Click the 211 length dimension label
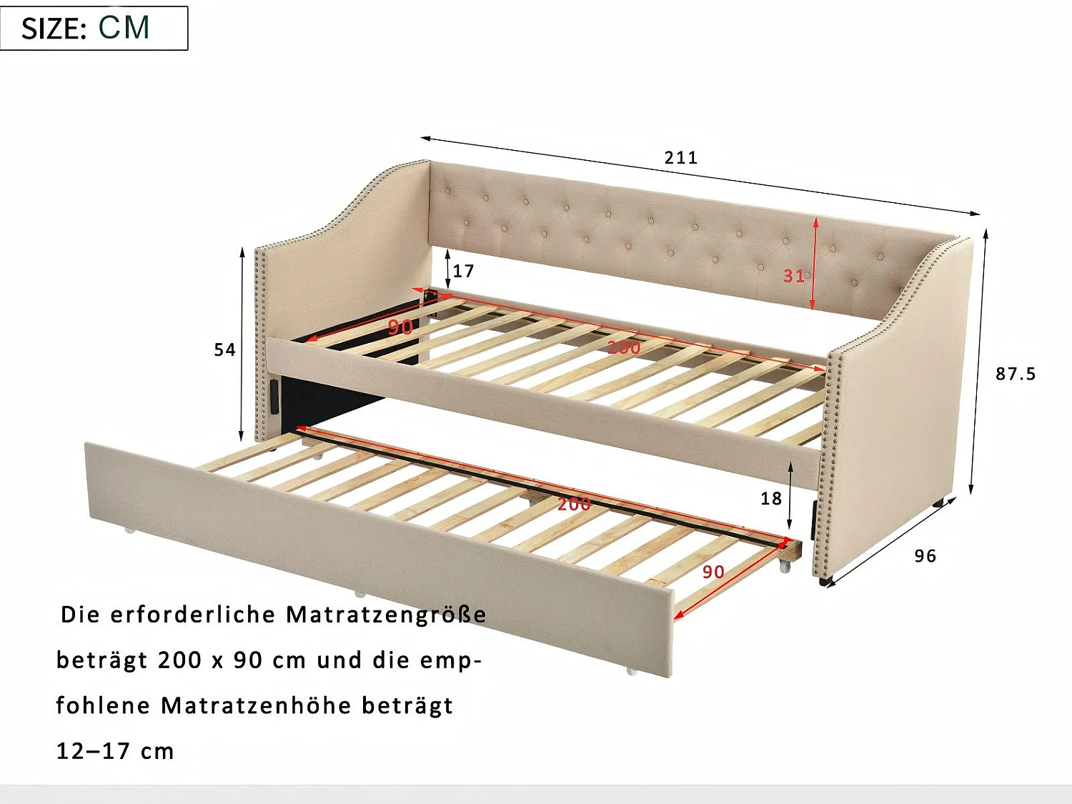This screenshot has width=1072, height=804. click(x=681, y=158)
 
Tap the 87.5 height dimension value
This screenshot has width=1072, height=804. click(x=1016, y=374)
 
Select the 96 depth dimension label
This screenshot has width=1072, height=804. click(x=925, y=555)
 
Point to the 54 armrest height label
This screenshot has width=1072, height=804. click(x=224, y=349)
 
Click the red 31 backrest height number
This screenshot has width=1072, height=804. click(x=794, y=276)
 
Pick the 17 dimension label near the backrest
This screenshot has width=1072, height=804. click(x=464, y=271)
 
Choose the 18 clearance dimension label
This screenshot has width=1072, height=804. click(x=771, y=498)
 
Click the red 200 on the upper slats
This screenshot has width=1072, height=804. click(x=624, y=347)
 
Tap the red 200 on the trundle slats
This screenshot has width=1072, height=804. click(x=575, y=504)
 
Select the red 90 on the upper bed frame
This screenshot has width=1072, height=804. click(x=400, y=327)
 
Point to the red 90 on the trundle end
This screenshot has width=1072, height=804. click(x=713, y=572)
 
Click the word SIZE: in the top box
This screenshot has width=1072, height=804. click(x=54, y=29)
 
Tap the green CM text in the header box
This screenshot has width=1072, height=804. click(x=124, y=27)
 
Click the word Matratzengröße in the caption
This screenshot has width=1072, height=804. click(x=387, y=615)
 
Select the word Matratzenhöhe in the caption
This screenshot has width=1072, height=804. click(x=257, y=705)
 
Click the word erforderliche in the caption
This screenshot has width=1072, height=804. click(x=194, y=615)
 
